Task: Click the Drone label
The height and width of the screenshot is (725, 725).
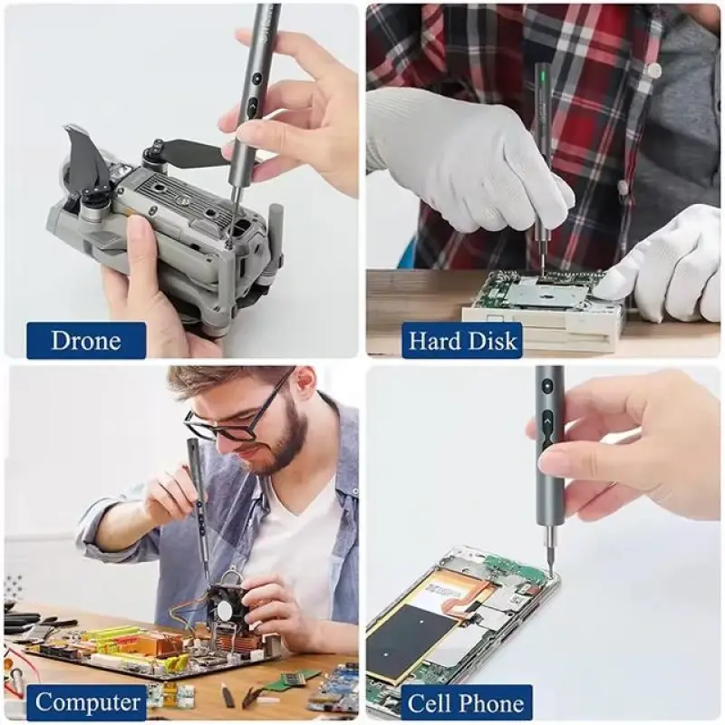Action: [86, 341]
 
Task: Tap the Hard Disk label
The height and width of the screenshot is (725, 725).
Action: [462, 341]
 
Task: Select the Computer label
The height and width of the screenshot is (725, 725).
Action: [87, 702]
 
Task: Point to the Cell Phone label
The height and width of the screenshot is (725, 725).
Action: [467, 703]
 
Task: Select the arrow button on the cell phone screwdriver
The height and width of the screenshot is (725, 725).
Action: [547, 421]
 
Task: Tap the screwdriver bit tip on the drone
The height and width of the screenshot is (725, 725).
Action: [230, 237]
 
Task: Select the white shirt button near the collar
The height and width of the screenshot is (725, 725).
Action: [653, 70]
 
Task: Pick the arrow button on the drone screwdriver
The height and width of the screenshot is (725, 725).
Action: [254, 107]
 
